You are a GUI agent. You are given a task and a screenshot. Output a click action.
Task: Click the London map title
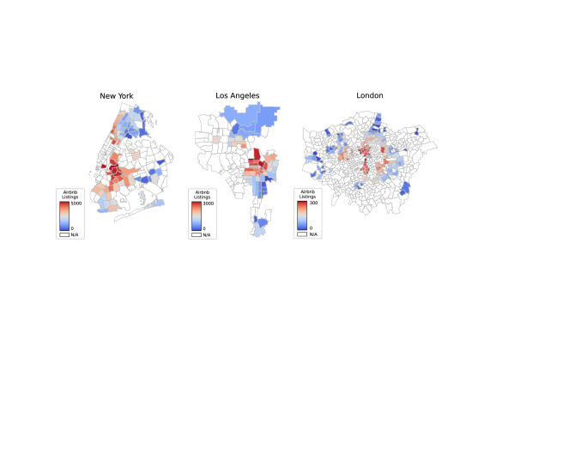pos(370,94)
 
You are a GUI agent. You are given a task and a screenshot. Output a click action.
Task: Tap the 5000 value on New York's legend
pos(76,203)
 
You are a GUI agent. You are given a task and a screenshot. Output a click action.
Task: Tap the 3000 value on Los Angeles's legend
pos(209,203)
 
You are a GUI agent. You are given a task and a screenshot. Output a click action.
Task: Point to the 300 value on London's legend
pos(312,203)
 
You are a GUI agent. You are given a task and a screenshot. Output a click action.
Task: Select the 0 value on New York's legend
pos(72,228)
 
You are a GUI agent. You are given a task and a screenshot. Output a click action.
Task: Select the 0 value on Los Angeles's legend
pos(204,228)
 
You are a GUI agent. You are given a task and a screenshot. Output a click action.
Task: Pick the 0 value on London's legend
pos(311,228)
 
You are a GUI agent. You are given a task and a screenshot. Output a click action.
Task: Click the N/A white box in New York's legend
pos(64,234)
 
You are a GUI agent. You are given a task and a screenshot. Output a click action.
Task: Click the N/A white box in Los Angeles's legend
pos(197,234)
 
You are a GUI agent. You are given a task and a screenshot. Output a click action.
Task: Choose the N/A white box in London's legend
pos(302,234)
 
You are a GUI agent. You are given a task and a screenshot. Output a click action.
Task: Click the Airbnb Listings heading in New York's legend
pos(68,195)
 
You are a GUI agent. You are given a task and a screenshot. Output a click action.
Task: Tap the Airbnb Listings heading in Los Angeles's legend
pos(201,195)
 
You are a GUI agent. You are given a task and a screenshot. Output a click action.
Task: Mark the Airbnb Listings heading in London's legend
pos(306,195)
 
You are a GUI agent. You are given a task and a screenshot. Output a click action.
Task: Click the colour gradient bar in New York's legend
pos(64,215)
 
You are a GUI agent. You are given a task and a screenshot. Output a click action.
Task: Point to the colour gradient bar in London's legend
pos(302,215)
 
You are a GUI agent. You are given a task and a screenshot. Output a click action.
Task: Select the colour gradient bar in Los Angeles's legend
pos(197,215)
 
